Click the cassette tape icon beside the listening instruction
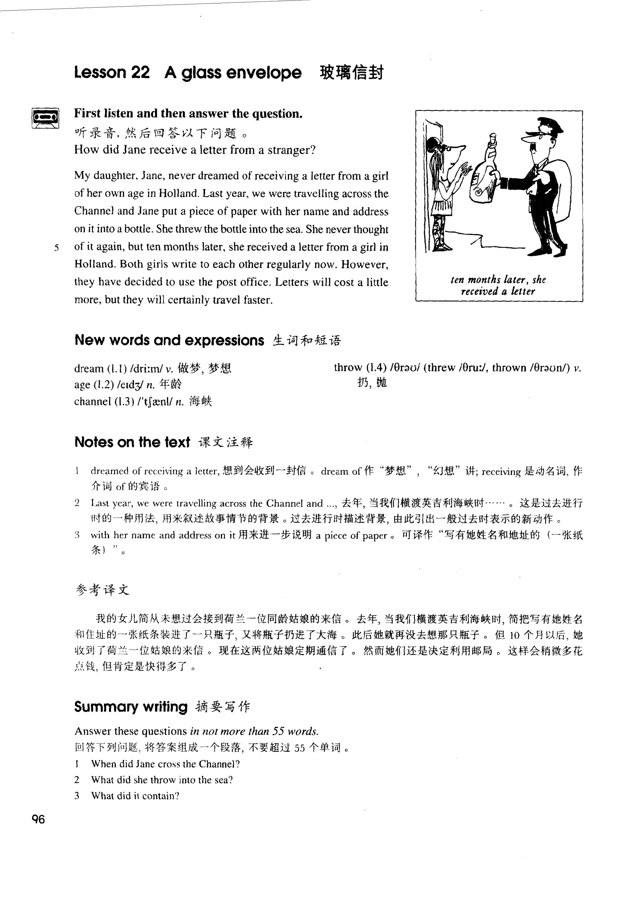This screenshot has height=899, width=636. pyautogui.click(x=45, y=117)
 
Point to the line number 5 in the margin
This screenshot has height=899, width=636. pyautogui.click(x=57, y=248)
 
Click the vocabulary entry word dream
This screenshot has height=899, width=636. pyautogui.click(x=89, y=369)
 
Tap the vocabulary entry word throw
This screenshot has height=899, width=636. pyautogui.click(x=348, y=368)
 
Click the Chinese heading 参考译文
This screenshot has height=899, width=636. pyautogui.click(x=102, y=590)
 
